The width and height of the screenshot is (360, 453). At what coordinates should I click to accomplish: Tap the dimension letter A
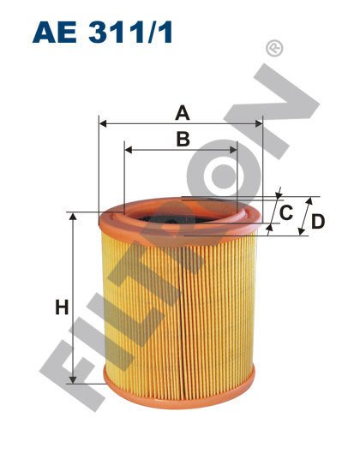tap(182, 111)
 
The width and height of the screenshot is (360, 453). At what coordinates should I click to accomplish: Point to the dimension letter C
tap(287, 211)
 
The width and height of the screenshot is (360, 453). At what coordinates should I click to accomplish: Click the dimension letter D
tap(317, 221)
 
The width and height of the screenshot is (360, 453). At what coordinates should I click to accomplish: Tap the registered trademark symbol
tap(274, 49)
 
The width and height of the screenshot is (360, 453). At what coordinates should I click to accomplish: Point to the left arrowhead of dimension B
tap(129, 150)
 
